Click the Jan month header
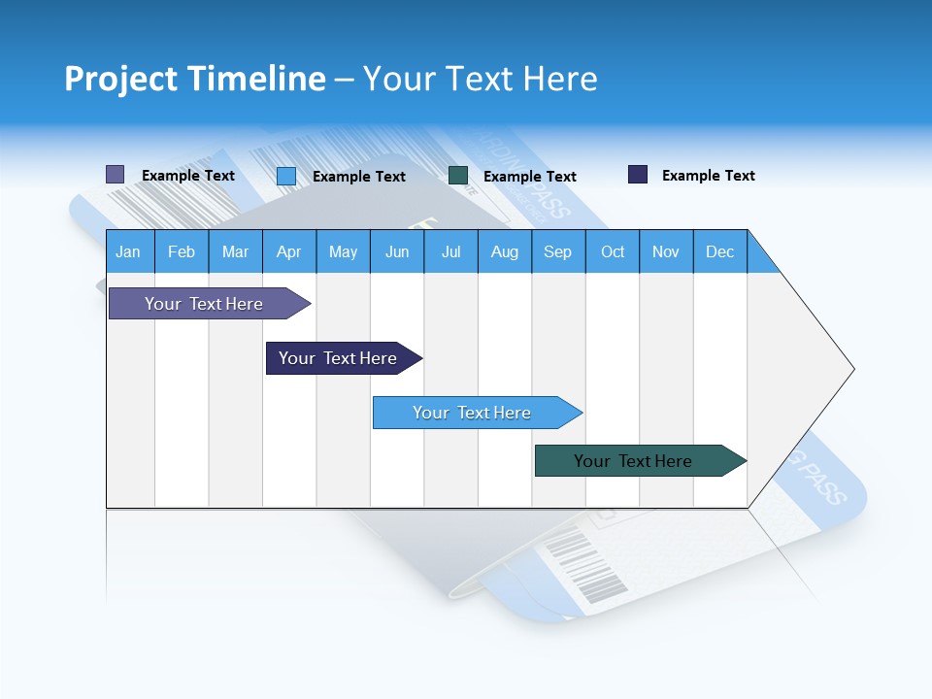point(129,251)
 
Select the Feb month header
point(182,251)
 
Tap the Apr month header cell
point(289,251)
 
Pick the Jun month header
point(397,251)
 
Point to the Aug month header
point(505,251)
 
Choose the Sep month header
point(558,251)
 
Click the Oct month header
point(613,251)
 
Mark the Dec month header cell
point(720,251)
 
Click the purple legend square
point(116,175)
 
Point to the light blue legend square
point(286,176)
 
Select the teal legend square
point(458,176)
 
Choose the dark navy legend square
point(638,175)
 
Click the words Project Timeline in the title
point(194,79)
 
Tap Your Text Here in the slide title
point(481,79)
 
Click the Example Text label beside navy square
point(708,176)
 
